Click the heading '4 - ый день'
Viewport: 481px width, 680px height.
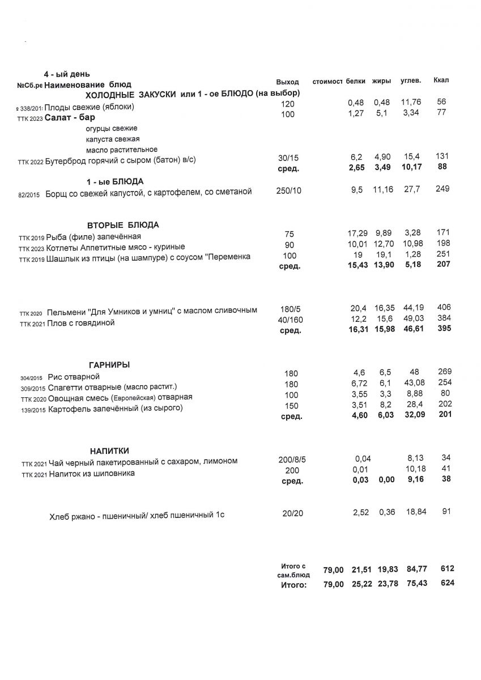67,74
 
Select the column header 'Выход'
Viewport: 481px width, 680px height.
287,82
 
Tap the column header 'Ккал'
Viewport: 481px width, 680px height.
441,80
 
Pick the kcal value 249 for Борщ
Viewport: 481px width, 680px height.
442,189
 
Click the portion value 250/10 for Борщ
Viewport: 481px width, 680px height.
289,191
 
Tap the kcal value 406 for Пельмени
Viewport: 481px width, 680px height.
444,307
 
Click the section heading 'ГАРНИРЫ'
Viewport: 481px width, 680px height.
109,364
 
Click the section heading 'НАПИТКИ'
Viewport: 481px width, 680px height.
109,450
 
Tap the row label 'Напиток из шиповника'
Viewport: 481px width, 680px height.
91,473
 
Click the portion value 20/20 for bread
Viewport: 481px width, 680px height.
292,513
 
